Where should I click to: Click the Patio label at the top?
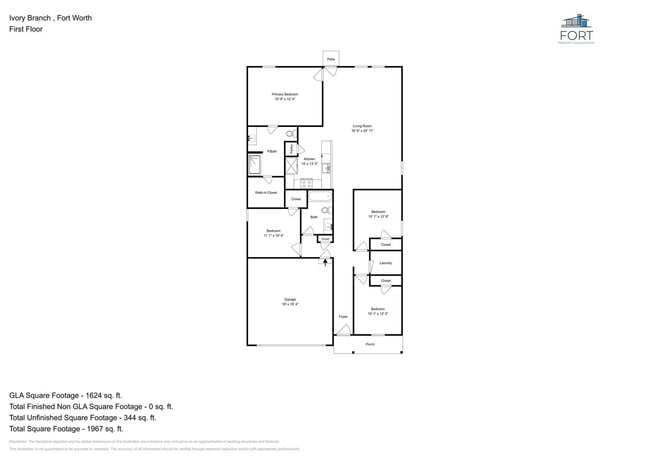(330, 60)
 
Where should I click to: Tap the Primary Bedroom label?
(286, 95)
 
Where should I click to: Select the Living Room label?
(362, 126)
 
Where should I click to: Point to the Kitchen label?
(309, 160)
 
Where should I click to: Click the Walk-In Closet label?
(266, 191)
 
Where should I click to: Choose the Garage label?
(289, 299)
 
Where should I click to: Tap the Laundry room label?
(385, 263)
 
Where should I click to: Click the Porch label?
(369, 343)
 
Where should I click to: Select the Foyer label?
(342, 318)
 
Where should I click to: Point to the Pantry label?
(291, 150)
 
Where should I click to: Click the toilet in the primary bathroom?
(289, 133)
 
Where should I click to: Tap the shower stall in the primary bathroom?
(254, 165)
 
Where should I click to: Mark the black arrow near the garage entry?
(324, 260)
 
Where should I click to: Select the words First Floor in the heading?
(26, 29)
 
